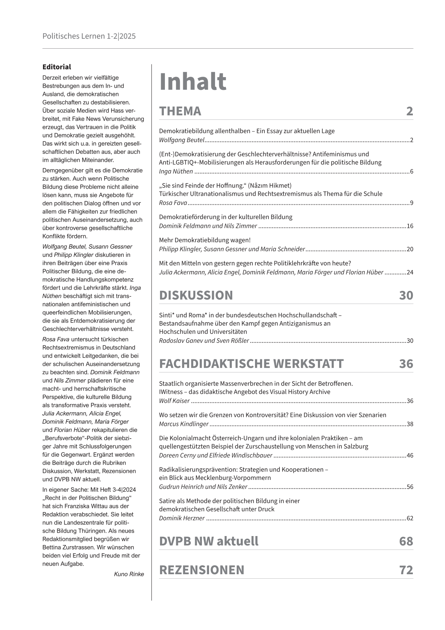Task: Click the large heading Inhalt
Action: click(193, 82)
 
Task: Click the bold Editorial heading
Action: click(56, 67)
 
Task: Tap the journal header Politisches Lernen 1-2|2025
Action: click(89, 36)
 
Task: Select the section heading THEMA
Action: click(180, 111)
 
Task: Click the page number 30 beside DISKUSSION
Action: click(406, 295)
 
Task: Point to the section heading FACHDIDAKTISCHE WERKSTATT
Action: click(251, 364)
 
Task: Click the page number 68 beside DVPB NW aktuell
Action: click(406, 541)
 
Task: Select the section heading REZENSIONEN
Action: click(202, 570)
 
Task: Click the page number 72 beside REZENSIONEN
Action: click(406, 570)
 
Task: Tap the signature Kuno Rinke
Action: click(129, 574)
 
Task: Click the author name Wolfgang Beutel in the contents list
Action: click(182, 140)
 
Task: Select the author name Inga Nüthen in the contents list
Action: click(176, 172)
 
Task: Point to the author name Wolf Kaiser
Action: click(174, 401)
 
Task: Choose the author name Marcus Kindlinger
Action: click(184, 424)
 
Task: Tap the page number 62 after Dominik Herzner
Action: click(410, 518)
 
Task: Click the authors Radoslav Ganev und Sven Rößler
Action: click(204, 341)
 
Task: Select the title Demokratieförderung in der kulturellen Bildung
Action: click(225, 217)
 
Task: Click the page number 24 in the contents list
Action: click(410, 273)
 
